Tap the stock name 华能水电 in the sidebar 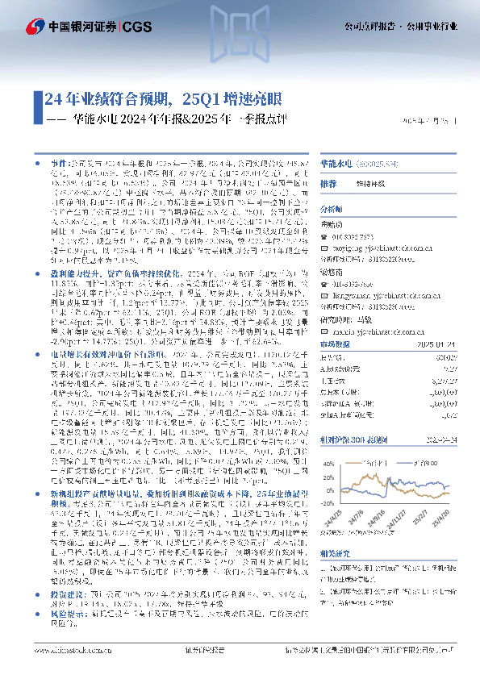[x=334, y=161]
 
